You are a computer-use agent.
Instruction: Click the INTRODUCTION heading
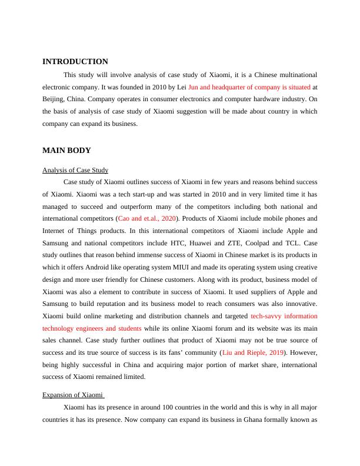coord(75,62)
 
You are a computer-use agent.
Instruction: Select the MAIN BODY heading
coord(66,151)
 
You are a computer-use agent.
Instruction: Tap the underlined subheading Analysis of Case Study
coord(75,171)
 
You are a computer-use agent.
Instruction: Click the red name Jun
coord(194,88)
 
